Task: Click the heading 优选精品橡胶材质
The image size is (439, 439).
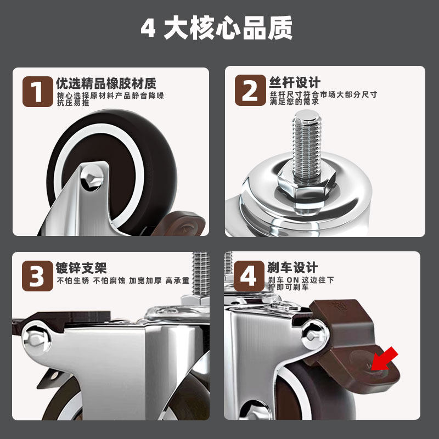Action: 106,83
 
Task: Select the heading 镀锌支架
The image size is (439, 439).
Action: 81,268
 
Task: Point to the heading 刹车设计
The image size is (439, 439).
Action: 293,268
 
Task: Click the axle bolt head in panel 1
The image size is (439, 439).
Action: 92,177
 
